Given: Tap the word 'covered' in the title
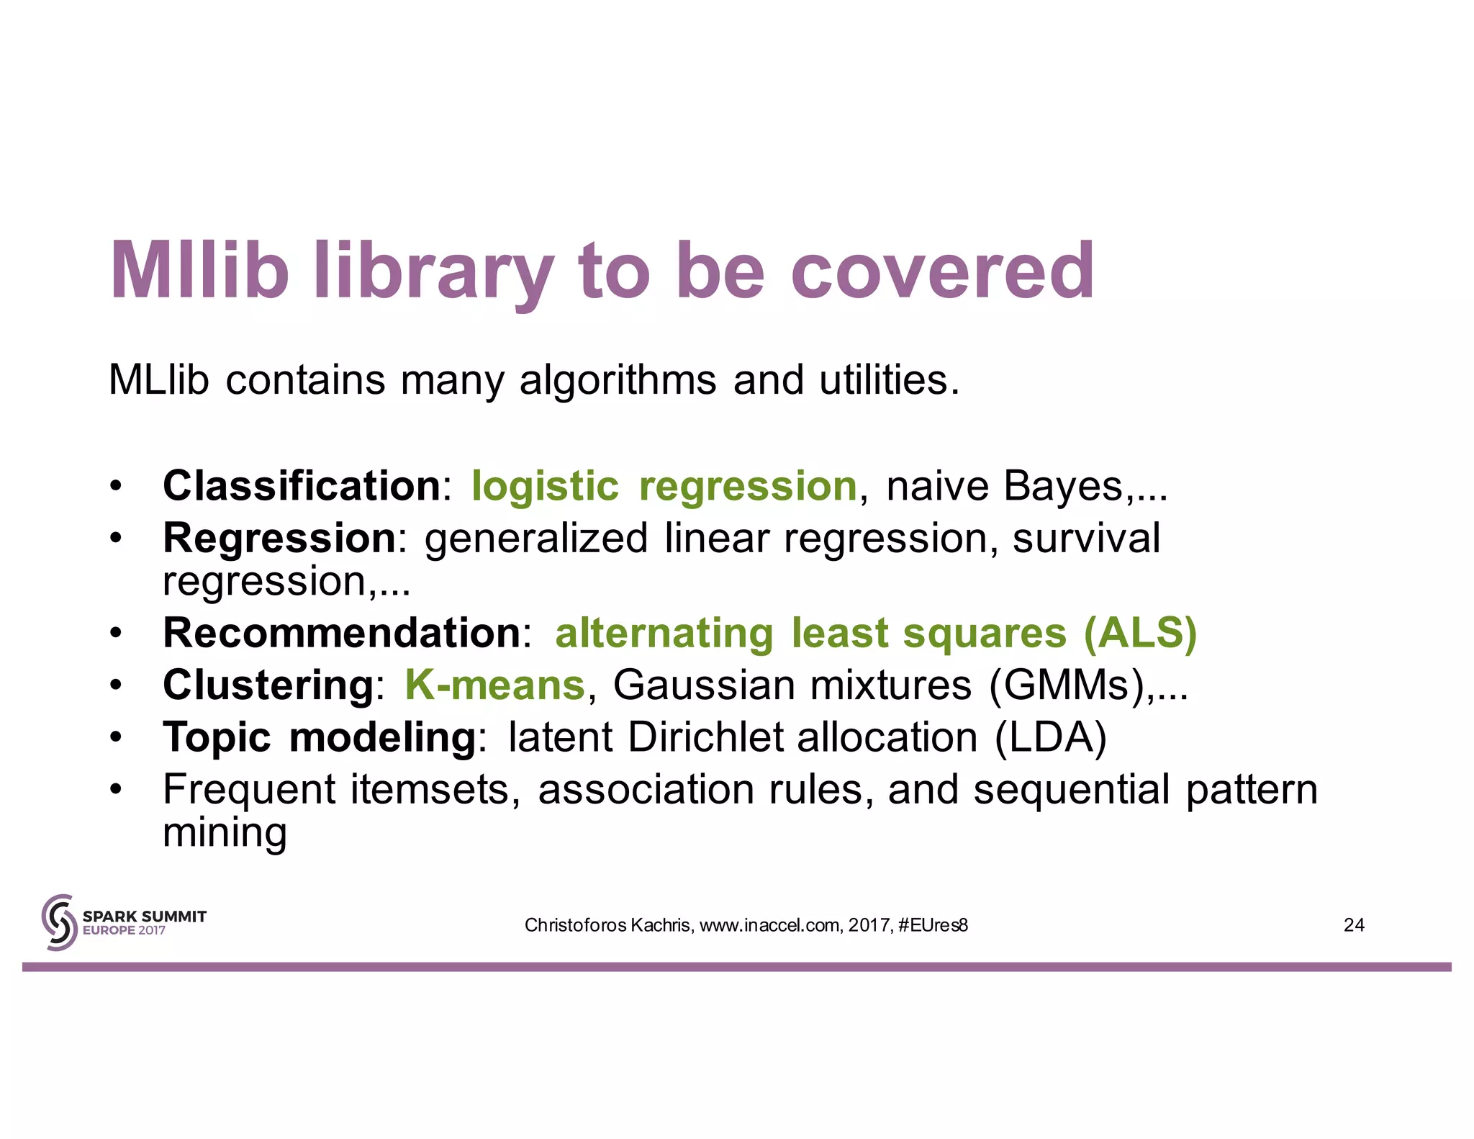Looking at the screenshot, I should click(943, 271).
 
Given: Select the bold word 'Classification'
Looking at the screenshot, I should click(301, 485).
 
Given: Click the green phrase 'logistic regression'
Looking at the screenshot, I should click(664, 487).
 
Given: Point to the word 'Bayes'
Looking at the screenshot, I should click(1063, 487).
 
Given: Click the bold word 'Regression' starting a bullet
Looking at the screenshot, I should click(279, 538).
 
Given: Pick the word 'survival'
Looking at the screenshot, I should click(1086, 538).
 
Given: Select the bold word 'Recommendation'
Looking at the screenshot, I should click(341, 633).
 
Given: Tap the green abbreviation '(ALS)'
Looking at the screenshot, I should click(1140, 634).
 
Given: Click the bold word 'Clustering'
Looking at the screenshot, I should click(268, 685).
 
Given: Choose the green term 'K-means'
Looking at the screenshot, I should click(494, 685).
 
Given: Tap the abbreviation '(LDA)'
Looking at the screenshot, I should click(1050, 737).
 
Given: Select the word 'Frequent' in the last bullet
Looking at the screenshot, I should click(249, 789).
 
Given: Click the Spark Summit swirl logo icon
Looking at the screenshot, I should click(59, 922).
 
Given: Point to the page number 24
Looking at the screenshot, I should click(1354, 925).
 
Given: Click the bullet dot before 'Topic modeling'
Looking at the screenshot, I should click(116, 738).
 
